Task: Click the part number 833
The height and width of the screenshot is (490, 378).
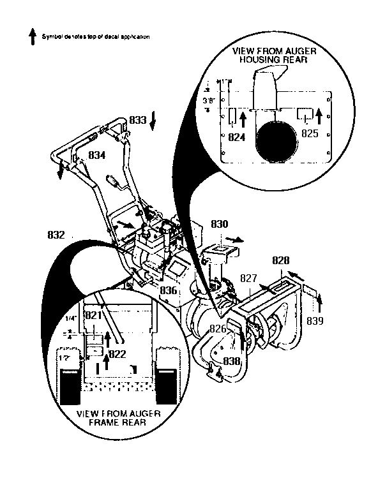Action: [137, 120]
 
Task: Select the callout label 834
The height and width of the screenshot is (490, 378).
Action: [96, 155]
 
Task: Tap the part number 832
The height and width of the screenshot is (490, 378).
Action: [56, 235]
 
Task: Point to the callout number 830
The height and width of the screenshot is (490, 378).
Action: [219, 225]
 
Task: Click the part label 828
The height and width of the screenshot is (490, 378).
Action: [280, 260]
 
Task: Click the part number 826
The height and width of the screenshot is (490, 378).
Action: [218, 329]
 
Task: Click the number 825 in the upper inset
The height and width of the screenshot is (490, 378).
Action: [309, 134]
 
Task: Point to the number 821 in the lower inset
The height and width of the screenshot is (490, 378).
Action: [94, 315]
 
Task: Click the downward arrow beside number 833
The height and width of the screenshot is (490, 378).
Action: [153, 123]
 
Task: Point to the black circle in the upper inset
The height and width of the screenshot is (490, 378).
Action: [275, 140]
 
